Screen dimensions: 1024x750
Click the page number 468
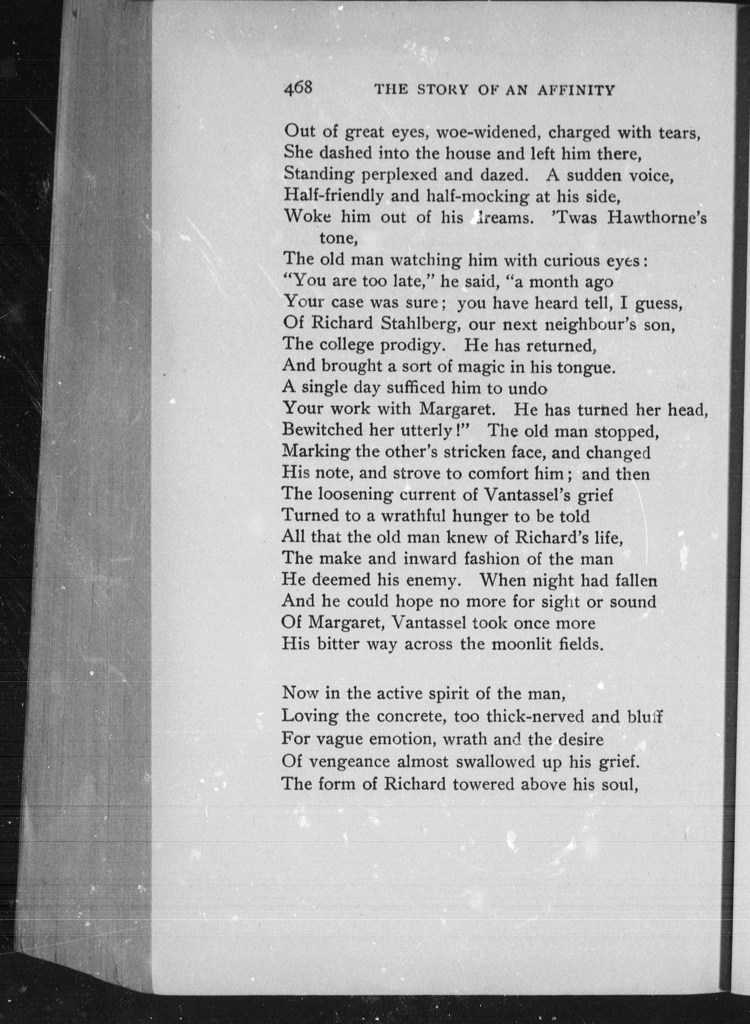tap(298, 88)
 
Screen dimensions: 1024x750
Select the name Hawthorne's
tap(657, 218)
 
